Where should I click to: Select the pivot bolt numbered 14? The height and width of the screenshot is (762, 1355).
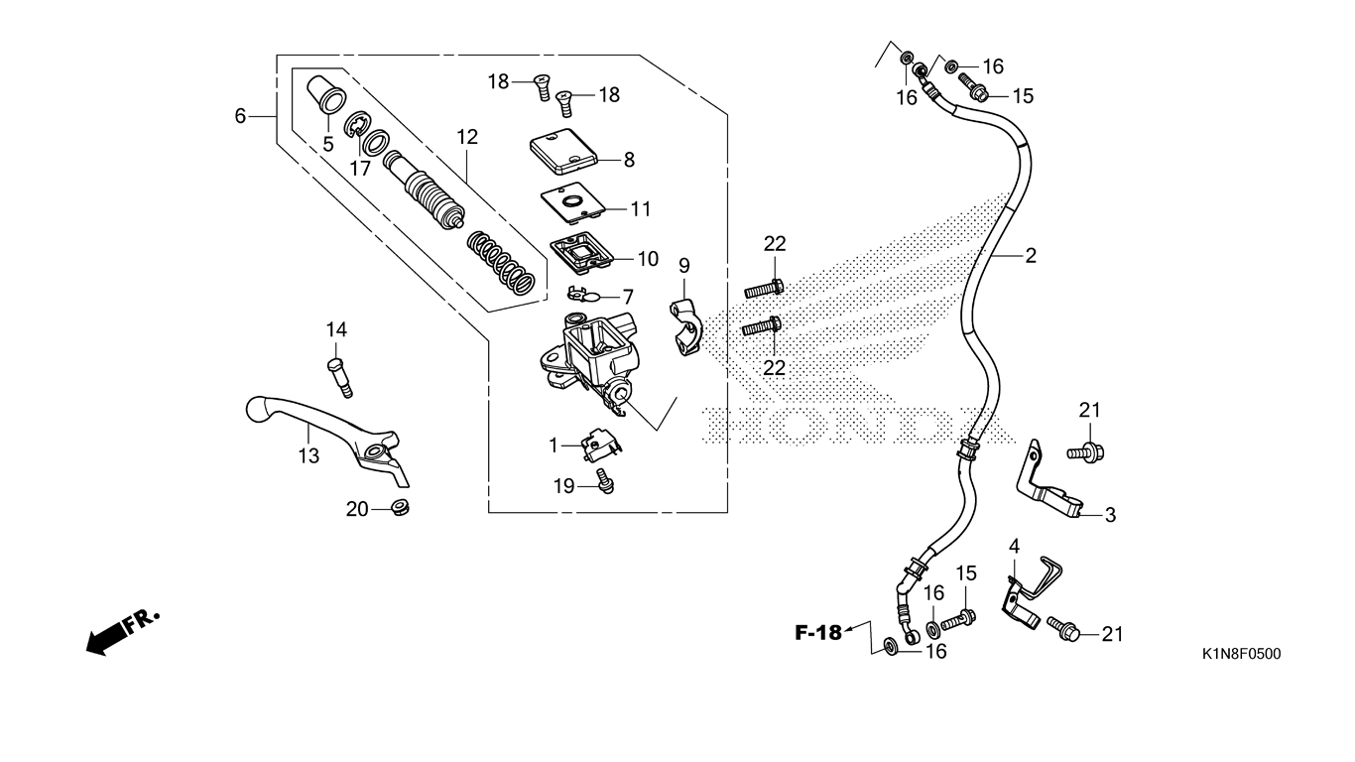tap(336, 377)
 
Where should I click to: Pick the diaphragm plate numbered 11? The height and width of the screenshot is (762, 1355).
tap(572, 203)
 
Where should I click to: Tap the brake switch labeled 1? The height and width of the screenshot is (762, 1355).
tap(599, 444)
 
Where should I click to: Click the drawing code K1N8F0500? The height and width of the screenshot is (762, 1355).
tap(1240, 654)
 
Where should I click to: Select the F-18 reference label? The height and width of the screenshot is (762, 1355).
tap(817, 631)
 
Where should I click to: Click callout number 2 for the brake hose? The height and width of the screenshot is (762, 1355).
tap(1031, 255)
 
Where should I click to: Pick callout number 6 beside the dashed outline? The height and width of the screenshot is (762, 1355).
tap(240, 116)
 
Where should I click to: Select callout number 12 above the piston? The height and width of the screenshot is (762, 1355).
tap(467, 136)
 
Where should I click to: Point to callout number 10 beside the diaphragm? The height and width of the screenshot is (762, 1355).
tap(647, 259)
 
